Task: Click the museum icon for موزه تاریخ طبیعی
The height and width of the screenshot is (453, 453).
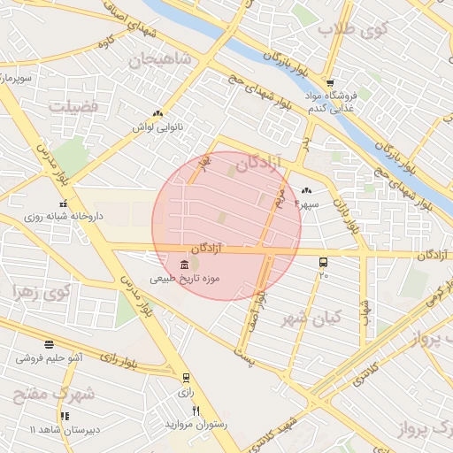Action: pos(184,265)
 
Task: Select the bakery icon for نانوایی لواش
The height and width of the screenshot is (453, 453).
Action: pos(157,113)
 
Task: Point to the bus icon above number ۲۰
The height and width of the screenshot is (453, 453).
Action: pos(323,262)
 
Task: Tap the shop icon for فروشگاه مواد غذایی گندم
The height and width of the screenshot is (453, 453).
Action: pos(330,83)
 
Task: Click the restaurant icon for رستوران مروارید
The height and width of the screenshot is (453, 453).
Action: pos(196,411)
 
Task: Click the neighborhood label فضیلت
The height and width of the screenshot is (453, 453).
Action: pos(77,106)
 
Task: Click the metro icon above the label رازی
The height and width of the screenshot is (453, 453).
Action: pos(186,377)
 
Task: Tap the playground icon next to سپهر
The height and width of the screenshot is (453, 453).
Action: pos(307,190)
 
